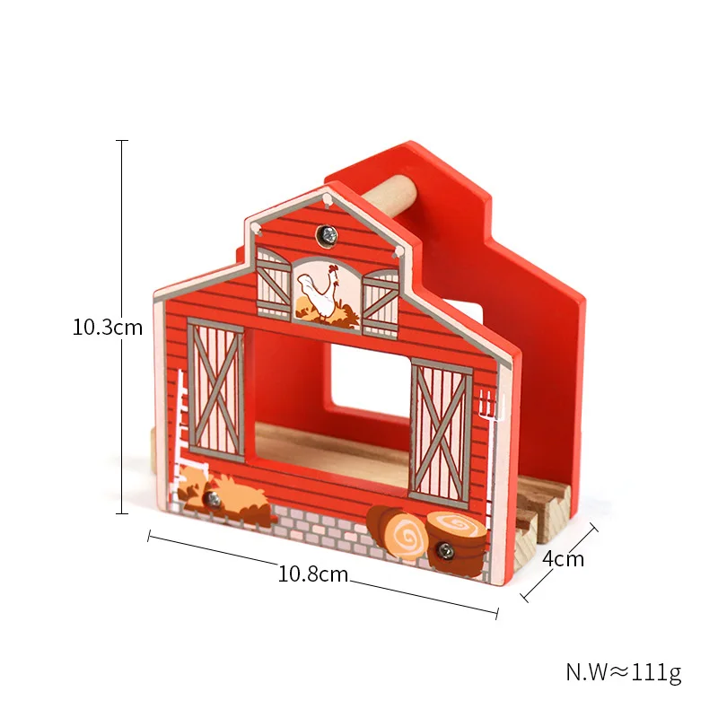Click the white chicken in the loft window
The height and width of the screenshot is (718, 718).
(x=320, y=293)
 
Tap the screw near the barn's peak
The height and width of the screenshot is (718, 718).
(x=327, y=236)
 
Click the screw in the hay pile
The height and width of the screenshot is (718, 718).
(x=211, y=499)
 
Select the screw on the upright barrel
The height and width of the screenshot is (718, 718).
(x=444, y=550)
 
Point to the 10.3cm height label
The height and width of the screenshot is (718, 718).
(x=108, y=328)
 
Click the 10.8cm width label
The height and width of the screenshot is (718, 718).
(x=313, y=574)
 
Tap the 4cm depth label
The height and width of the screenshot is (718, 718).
(x=564, y=559)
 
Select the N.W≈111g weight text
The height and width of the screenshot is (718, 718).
(x=624, y=672)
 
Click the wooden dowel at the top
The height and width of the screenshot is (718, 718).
(x=390, y=196)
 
